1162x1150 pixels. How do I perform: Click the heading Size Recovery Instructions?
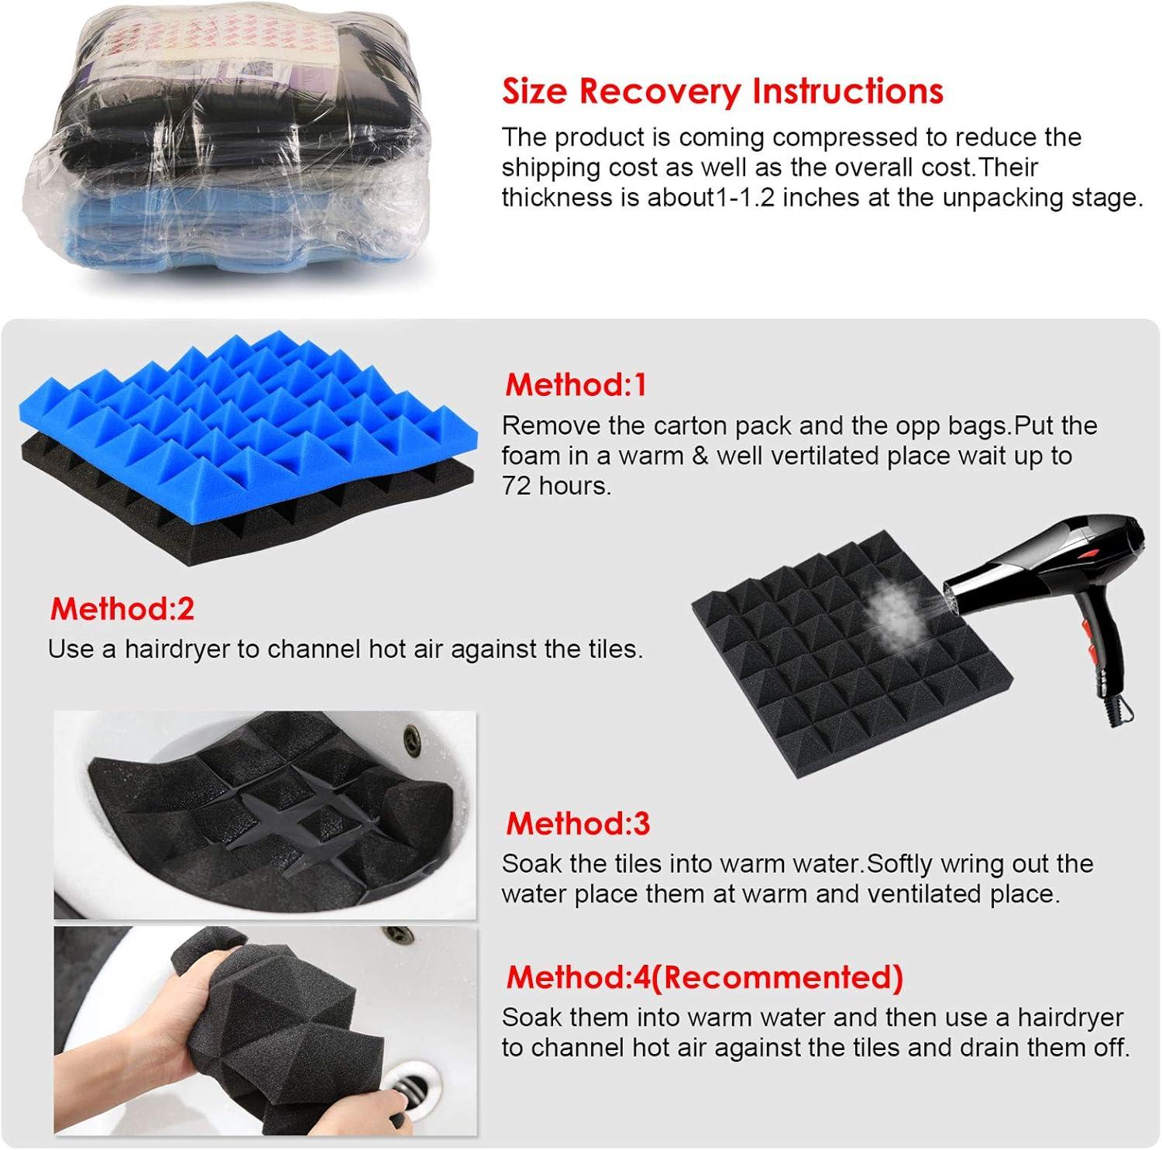(723, 91)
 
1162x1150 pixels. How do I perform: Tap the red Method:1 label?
(576, 384)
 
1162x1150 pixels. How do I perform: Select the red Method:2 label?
(122, 609)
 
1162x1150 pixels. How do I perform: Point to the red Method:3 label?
(578, 823)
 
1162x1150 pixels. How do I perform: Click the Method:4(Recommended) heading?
(704, 977)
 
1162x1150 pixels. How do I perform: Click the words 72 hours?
(556, 486)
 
